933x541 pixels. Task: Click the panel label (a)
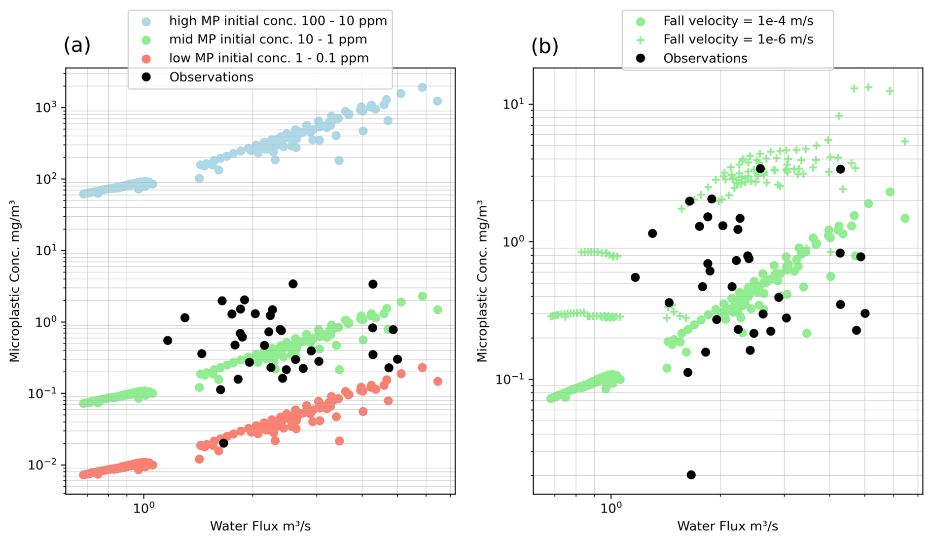(x=77, y=45)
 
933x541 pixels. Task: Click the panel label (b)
(x=544, y=46)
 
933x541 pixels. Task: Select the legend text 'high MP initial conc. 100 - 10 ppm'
(x=278, y=21)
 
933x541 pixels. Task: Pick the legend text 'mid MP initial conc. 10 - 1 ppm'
(x=268, y=39)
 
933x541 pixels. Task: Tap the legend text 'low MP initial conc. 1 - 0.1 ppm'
(x=269, y=58)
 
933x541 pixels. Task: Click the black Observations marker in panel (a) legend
(x=146, y=77)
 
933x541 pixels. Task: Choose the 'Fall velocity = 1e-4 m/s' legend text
(x=738, y=21)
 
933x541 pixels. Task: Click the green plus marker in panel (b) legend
(x=641, y=40)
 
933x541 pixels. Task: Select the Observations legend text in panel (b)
(x=705, y=58)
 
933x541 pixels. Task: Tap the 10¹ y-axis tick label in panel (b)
(x=514, y=104)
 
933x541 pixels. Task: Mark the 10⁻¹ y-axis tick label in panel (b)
(x=511, y=379)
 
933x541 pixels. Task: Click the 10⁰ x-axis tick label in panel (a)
(x=144, y=508)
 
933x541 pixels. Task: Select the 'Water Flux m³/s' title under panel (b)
(x=727, y=526)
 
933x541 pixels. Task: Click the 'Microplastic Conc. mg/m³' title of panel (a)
(x=15, y=281)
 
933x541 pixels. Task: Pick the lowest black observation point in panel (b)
(x=691, y=475)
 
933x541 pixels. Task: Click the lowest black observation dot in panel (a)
(x=223, y=443)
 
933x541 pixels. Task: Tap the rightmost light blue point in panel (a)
(x=437, y=101)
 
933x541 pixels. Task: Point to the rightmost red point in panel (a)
(x=437, y=382)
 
